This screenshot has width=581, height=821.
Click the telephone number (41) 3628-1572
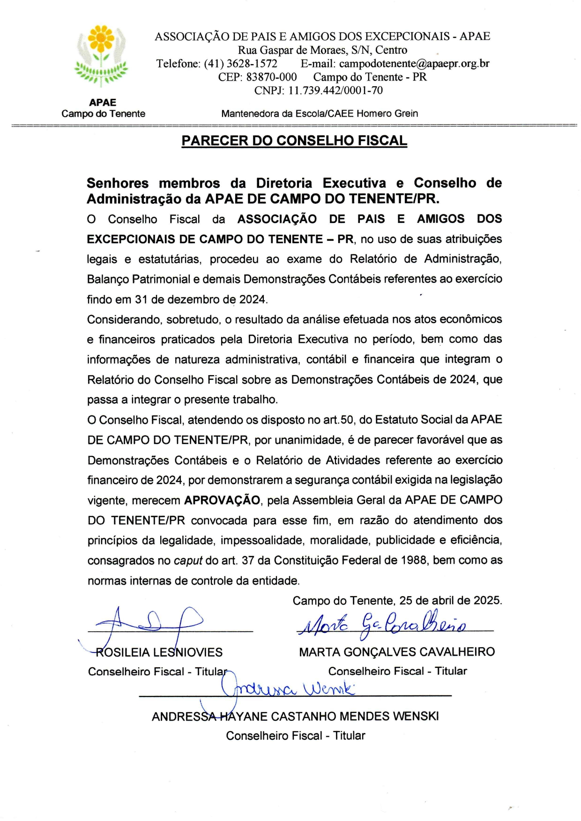click(x=240, y=64)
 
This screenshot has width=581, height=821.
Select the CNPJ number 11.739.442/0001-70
click(x=335, y=90)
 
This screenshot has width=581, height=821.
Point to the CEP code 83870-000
click(x=271, y=77)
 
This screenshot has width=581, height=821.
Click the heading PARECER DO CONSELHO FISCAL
click(x=294, y=141)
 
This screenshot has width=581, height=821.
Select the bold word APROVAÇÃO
click(x=222, y=500)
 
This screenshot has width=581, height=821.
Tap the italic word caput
click(x=188, y=561)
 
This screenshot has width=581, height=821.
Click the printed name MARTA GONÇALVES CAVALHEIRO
click(x=397, y=651)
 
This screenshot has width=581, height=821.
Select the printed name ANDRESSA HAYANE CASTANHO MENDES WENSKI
click(x=295, y=716)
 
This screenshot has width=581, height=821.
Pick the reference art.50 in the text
click(x=338, y=420)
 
